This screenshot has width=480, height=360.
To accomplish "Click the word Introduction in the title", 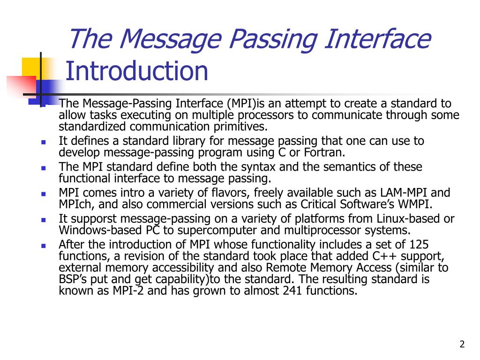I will point(136,71).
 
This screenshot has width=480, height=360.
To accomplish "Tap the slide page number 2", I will point(462,345).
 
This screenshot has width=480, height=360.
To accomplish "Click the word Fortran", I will point(324,152).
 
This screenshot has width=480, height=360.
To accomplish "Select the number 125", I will point(419,244).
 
